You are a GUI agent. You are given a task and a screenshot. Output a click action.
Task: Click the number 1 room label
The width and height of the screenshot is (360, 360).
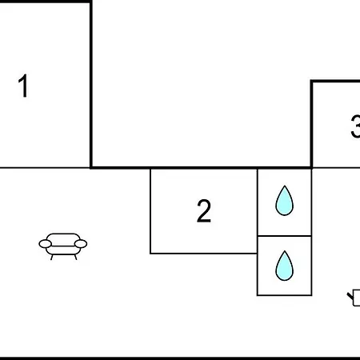24,86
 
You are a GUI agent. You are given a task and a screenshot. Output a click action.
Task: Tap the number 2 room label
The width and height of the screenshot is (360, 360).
204,210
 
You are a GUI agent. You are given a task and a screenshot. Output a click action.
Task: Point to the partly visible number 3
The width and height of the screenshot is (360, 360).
356,126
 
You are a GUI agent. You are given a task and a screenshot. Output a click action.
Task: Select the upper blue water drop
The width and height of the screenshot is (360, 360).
285,201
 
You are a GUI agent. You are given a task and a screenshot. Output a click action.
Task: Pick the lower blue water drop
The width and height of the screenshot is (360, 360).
285,266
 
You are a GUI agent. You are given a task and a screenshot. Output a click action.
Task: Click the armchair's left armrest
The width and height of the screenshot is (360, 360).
46,244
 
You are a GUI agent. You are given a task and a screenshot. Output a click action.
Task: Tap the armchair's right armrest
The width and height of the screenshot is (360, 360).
81,244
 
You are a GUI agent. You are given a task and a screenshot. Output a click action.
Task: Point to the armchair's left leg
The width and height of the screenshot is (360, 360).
52,257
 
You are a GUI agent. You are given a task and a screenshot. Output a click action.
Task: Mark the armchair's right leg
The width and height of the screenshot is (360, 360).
75,257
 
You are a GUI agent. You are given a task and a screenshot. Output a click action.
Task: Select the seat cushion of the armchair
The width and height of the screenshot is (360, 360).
63,250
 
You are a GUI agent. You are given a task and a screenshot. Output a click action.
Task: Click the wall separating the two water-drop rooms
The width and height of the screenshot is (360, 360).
284,236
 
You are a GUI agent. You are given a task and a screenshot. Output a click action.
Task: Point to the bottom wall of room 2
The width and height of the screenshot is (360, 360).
204,254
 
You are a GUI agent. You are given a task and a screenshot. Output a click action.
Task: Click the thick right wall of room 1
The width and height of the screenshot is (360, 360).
91,84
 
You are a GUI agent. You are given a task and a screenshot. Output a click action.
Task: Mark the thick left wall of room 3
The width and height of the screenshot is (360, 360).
311,124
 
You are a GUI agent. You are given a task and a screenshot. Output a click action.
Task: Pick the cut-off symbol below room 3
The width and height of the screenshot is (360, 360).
354,298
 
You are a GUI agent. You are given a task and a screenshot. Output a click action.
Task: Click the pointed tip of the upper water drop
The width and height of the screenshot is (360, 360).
285,186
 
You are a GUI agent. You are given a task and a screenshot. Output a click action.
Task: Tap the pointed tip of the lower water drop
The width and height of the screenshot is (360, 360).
285,251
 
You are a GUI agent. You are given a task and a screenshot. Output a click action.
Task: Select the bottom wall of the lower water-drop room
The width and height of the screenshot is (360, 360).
284,295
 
